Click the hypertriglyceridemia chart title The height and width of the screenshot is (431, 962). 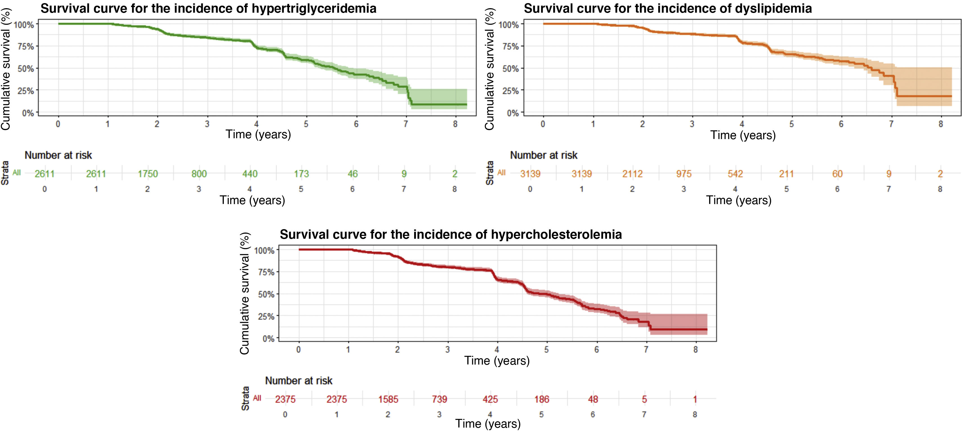[208, 8]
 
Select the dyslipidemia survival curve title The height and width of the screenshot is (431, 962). [668, 8]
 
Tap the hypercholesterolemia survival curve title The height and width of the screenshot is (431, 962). [451, 234]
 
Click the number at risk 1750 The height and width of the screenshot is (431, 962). [148, 174]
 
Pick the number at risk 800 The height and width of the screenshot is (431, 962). [199, 174]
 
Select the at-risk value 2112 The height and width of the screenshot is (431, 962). [632, 174]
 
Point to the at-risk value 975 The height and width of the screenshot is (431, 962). [684, 174]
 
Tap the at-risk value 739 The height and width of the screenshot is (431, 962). [439, 399]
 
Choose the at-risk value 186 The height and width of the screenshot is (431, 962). [541, 399]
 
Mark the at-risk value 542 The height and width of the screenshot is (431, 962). [735, 174]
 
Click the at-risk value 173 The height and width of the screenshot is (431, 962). [301, 174]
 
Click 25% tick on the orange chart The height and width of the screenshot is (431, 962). [510, 91]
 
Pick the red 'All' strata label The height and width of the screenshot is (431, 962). [257, 398]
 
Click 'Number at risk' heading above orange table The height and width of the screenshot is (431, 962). [543, 155]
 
